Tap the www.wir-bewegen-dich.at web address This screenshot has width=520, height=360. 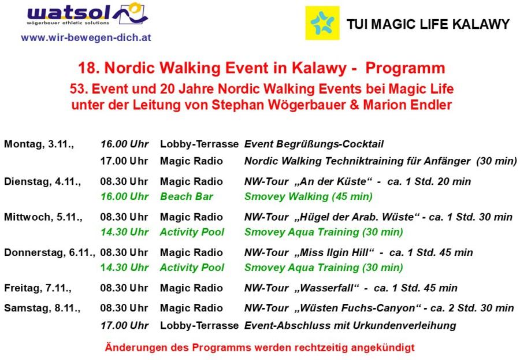pyautogui.click(x=86, y=38)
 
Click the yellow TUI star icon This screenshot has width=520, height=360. pyautogui.click(x=322, y=23)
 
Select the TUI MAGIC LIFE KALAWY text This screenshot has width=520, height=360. pyautogui.click(x=428, y=24)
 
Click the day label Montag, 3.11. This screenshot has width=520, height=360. pyautogui.click(x=39, y=144)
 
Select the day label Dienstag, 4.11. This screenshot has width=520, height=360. pyautogui.click(x=42, y=181)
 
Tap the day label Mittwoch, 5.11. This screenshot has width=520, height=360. pyautogui.click(x=43, y=217)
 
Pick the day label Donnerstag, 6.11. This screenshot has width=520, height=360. pyautogui.click(x=50, y=253)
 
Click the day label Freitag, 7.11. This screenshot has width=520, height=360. pyautogui.click(x=38, y=288)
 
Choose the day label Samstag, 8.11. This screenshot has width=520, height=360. pyautogui.click(x=42, y=308)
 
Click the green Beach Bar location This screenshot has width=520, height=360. pyautogui.click(x=187, y=196)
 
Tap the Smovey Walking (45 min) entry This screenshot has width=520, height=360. pyautogui.click(x=309, y=196)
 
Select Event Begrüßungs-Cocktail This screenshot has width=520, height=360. pyautogui.click(x=314, y=144)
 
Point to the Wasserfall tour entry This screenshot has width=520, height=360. pyautogui.click(x=351, y=288)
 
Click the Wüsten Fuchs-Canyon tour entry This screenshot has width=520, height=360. pyautogui.click(x=379, y=308)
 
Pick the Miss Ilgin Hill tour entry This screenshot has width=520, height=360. pyautogui.click(x=358, y=253)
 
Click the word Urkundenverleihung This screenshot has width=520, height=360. pyautogui.click(x=404, y=325)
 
